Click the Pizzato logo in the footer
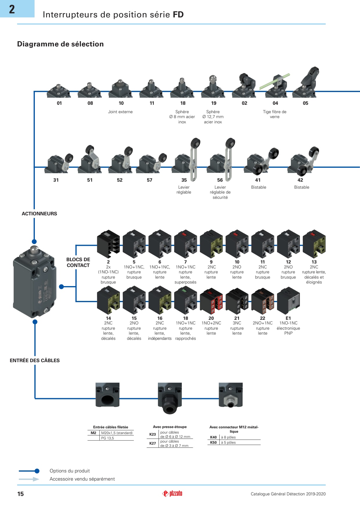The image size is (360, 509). pyautogui.click(x=172, y=493)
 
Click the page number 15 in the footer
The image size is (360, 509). pyautogui.click(x=21, y=494)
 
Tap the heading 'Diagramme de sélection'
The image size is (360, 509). pyautogui.click(x=60, y=44)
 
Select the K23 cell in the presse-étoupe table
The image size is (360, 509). pyautogui.click(x=153, y=434)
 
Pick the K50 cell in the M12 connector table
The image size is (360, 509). pyautogui.click(x=213, y=443)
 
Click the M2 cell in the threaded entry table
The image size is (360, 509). pyautogui.click(x=93, y=433)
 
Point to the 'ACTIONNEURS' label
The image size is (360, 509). pyautogui.click(x=39, y=214)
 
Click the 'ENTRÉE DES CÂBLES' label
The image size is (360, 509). pyautogui.click(x=35, y=360)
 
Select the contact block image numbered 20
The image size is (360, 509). pyautogui.click(x=211, y=301)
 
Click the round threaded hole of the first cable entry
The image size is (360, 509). pyautogui.click(x=107, y=400)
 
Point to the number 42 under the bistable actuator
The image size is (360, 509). pyautogui.click(x=300, y=180)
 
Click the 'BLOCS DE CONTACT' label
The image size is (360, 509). pyautogui.click(x=78, y=262)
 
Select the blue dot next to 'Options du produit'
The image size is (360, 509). pyautogui.click(x=37, y=471)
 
